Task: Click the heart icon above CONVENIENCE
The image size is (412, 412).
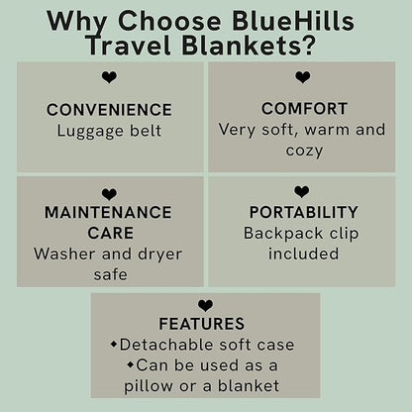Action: [x=109, y=77]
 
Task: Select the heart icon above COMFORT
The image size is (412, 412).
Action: [x=303, y=77]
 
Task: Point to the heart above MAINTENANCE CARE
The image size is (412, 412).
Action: [x=109, y=194]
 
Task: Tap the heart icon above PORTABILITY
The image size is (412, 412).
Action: [x=302, y=191]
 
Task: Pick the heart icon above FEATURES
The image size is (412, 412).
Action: [x=205, y=306]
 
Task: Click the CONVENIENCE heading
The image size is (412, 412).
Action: [x=109, y=109]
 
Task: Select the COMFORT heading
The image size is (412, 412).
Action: [x=304, y=108]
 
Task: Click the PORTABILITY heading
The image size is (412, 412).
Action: [x=303, y=212]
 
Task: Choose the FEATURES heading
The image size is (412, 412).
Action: [x=205, y=324]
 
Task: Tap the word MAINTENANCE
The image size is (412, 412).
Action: [x=109, y=213]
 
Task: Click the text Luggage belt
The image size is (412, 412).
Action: [x=109, y=130]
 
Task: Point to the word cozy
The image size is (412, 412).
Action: [x=304, y=151]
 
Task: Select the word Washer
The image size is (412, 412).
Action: [x=63, y=253]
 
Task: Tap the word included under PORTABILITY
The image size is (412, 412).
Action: [x=303, y=254]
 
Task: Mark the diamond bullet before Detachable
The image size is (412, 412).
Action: [x=113, y=345]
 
